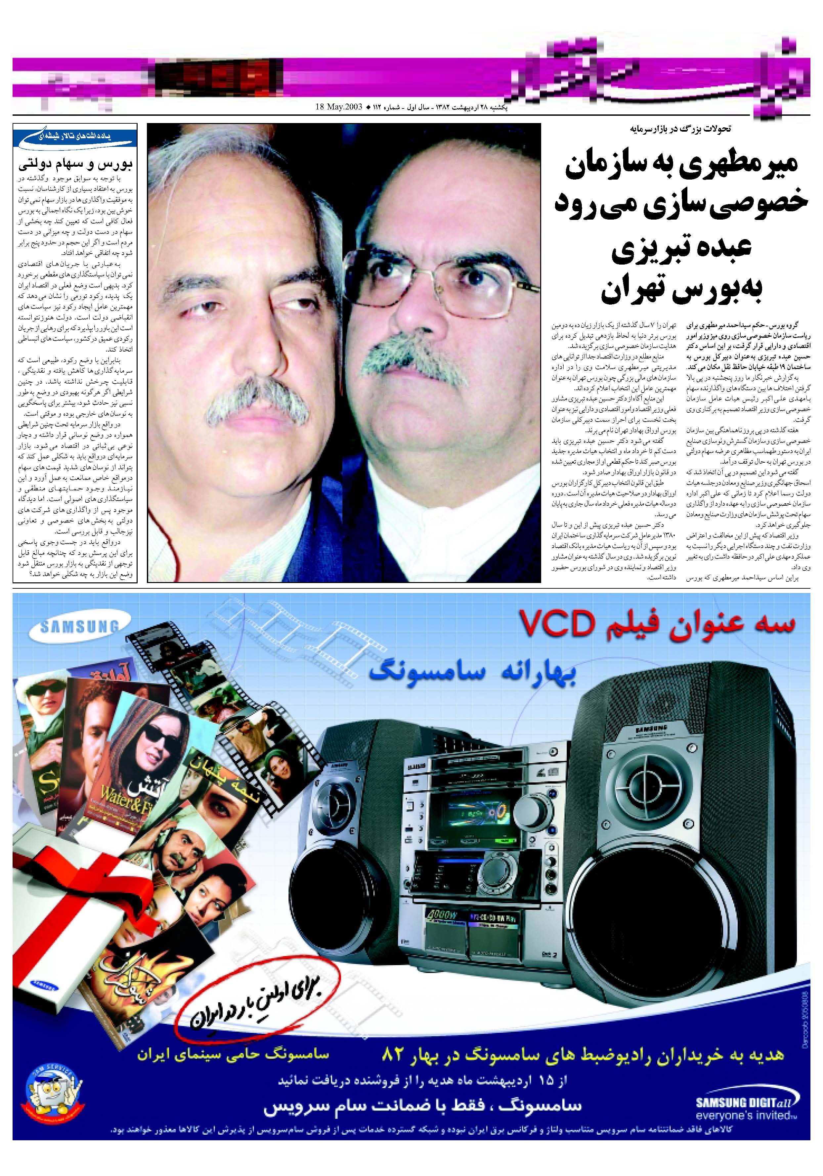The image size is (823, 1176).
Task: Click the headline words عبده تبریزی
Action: pos(681,251)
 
